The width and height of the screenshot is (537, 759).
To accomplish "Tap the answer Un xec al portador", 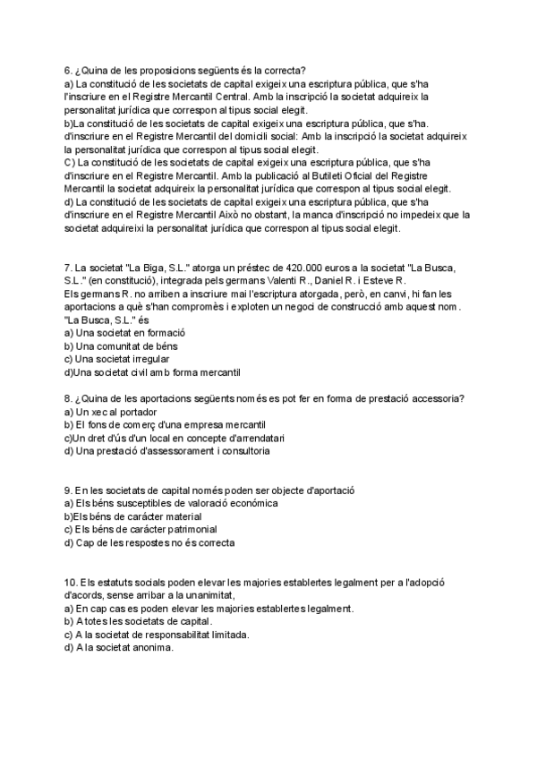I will click(x=112, y=412).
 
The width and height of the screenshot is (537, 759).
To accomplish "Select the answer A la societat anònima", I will click(x=117, y=648).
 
